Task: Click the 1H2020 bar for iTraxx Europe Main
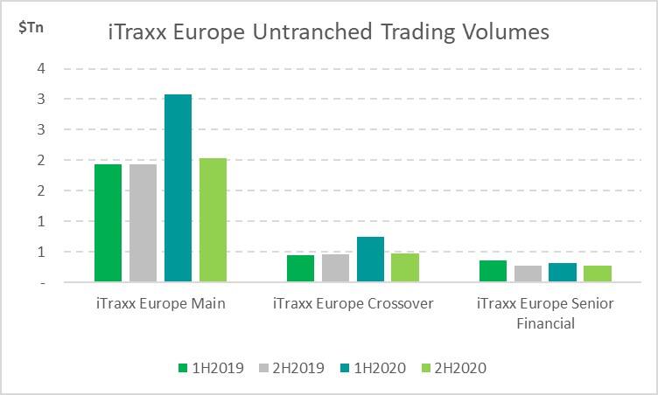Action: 178,188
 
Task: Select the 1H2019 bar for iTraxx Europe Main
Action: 108,223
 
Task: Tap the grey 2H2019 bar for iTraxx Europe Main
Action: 143,223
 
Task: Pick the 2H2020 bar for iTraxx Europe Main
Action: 213,219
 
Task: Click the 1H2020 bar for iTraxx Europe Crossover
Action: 370,260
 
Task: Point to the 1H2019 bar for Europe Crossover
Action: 300,268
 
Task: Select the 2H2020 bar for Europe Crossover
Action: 405,267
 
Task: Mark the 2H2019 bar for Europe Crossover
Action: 335,268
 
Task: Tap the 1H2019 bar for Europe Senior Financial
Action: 493,271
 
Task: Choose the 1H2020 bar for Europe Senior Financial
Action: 563,272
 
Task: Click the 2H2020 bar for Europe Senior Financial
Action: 598,274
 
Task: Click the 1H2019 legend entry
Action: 211,368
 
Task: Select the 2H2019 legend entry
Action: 291,368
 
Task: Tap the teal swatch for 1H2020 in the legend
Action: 345,368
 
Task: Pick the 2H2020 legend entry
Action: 453,368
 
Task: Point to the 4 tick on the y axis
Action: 41,68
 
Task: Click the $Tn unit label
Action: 31,28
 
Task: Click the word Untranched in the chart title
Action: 312,31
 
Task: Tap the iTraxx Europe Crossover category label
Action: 353,303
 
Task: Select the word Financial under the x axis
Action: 545,323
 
